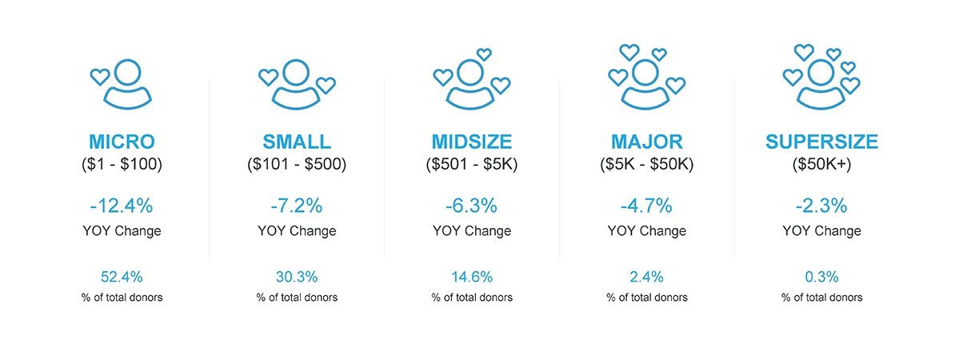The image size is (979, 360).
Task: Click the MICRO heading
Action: (x=122, y=142)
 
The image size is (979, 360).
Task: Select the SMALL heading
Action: (x=297, y=142)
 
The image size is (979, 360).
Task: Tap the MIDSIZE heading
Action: (x=472, y=142)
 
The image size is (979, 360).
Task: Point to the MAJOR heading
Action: (x=647, y=142)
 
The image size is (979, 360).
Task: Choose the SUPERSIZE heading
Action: (x=821, y=142)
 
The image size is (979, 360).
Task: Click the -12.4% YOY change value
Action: (x=122, y=206)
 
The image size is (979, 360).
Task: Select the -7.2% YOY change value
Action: (x=296, y=206)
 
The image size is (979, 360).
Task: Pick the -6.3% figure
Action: (x=471, y=206)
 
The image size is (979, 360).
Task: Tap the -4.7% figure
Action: (x=646, y=206)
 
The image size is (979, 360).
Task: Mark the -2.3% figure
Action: (x=821, y=206)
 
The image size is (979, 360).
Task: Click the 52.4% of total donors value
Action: (x=122, y=277)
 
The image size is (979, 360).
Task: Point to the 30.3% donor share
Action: (x=297, y=277)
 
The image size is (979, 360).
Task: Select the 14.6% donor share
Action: (x=472, y=277)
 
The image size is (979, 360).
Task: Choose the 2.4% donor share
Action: (x=646, y=277)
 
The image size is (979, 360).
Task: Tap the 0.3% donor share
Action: (x=821, y=277)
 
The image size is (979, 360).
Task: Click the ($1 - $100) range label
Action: (x=122, y=164)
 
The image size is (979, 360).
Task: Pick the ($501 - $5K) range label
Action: (x=472, y=164)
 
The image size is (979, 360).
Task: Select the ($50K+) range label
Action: (x=821, y=164)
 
